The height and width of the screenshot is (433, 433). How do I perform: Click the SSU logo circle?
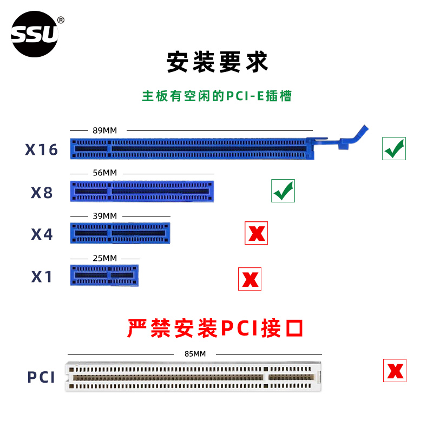pos(35,34)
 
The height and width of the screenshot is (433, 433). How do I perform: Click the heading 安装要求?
pos(216,62)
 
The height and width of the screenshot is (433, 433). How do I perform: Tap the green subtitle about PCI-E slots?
pos(216,96)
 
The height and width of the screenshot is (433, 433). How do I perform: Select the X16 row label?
pos(41,150)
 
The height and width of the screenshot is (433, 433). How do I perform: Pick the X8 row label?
pos(42,192)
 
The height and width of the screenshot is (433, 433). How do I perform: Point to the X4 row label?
pos(42,234)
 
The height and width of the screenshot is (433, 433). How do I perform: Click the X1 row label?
pos(42,277)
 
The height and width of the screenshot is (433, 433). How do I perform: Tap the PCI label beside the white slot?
pos(41,377)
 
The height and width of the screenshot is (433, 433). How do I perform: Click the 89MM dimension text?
pos(104,130)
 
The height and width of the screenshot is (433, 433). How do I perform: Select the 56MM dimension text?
pos(104,173)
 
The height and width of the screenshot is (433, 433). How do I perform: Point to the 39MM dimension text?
pos(104,215)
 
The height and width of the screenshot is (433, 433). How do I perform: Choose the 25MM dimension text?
pos(104,258)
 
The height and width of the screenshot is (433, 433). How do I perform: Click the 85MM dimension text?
pos(195,354)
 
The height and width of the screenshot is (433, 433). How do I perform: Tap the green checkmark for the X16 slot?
pos(394,148)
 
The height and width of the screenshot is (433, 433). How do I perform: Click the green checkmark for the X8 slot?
pos(283,191)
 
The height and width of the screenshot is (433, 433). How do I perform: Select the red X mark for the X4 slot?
pos(256,233)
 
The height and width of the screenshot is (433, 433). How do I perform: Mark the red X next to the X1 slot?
pos(250,279)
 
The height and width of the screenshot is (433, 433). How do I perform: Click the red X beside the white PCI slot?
pos(395,370)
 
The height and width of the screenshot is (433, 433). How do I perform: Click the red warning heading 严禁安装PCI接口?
pos(215,328)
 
